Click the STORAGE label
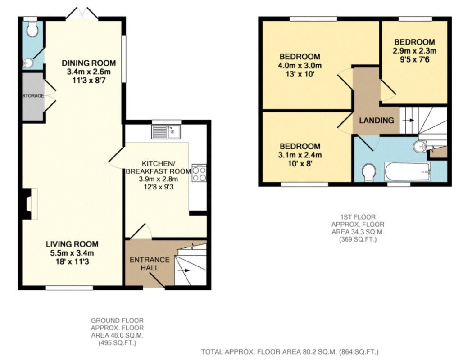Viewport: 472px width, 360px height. [33, 96]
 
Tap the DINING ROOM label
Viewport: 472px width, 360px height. [89, 63]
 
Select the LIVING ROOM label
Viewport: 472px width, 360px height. [72, 244]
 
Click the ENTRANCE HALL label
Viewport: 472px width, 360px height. [150, 263]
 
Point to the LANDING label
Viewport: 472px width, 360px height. [377, 120]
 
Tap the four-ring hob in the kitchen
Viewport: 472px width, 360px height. [199, 173]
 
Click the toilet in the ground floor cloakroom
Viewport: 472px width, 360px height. [32, 28]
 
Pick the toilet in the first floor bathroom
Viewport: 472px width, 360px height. [368, 173]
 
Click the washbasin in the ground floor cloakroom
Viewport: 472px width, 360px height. [27, 63]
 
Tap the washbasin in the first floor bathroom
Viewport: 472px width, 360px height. [420, 146]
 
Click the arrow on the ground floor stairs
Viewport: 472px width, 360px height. [183, 270]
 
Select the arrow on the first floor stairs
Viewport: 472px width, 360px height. [408, 120]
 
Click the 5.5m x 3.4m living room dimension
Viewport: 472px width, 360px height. [72, 253]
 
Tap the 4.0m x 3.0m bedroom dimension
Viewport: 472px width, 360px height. [300, 65]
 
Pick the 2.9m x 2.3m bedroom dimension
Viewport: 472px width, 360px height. [414, 51]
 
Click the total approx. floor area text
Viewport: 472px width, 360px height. [290, 351]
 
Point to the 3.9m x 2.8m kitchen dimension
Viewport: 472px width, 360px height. [159, 179]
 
